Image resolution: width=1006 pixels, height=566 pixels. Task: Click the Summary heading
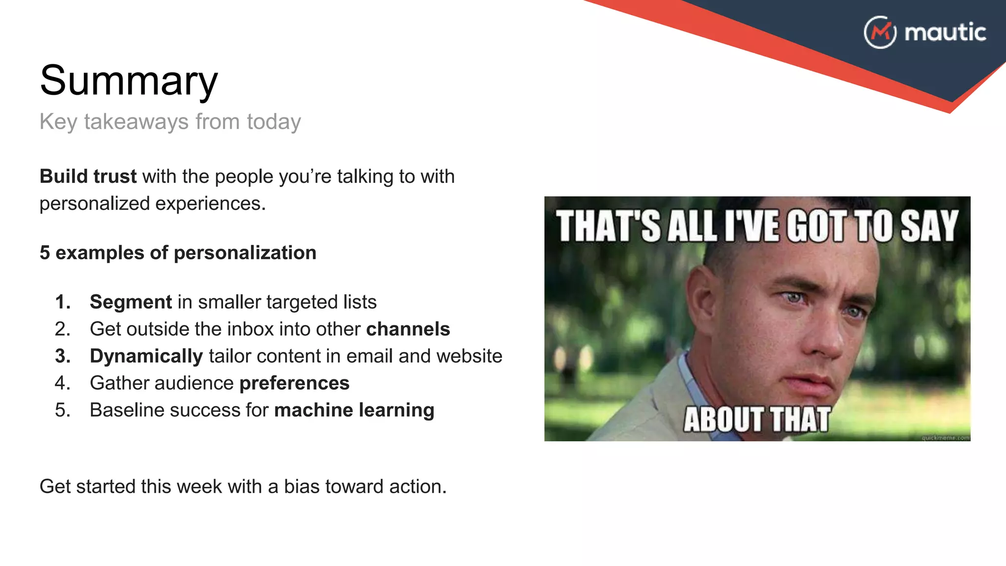(x=129, y=81)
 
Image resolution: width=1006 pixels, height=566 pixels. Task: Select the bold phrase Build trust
(x=88, y=176)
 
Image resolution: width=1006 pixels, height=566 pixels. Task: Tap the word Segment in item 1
(x=131, y=302)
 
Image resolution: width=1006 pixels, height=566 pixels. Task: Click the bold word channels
(x=408, y=329)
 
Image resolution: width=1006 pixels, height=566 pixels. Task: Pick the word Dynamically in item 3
(x=146, y=356)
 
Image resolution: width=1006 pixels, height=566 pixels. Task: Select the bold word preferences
(x=294, y=383)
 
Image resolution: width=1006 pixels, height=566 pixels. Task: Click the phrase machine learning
(x=354, y=410)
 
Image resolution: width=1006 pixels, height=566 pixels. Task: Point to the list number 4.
(x=62, y=383)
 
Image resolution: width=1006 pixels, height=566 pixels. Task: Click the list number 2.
(x=62, y=329)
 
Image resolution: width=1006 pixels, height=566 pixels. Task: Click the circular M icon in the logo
(x=880, y=32)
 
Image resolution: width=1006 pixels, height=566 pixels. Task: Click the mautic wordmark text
(x=945, y=32)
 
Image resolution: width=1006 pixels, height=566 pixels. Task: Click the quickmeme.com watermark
(x=945, y=437)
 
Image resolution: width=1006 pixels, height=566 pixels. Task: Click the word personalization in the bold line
(x=245, y=253)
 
